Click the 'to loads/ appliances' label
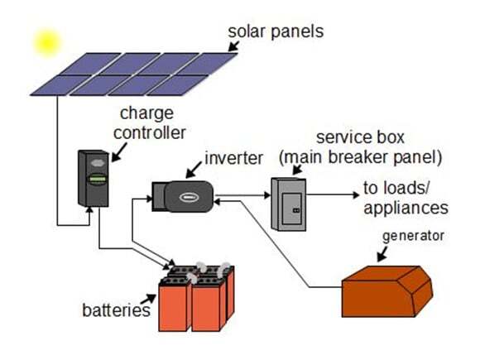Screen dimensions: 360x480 pos(405,198)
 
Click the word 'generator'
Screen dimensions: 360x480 pos(411,236)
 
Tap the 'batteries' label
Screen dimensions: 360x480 pos(116,310)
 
